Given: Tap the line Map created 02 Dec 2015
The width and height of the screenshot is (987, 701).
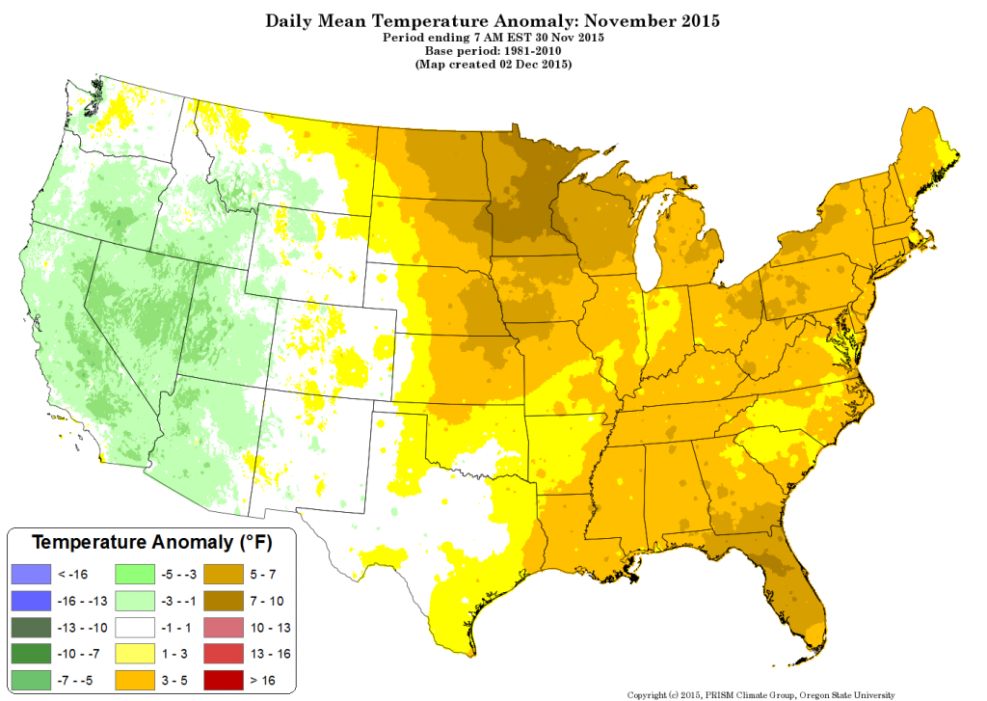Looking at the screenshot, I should coord(493,64).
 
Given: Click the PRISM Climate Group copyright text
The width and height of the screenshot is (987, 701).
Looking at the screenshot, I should coord(760,693).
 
